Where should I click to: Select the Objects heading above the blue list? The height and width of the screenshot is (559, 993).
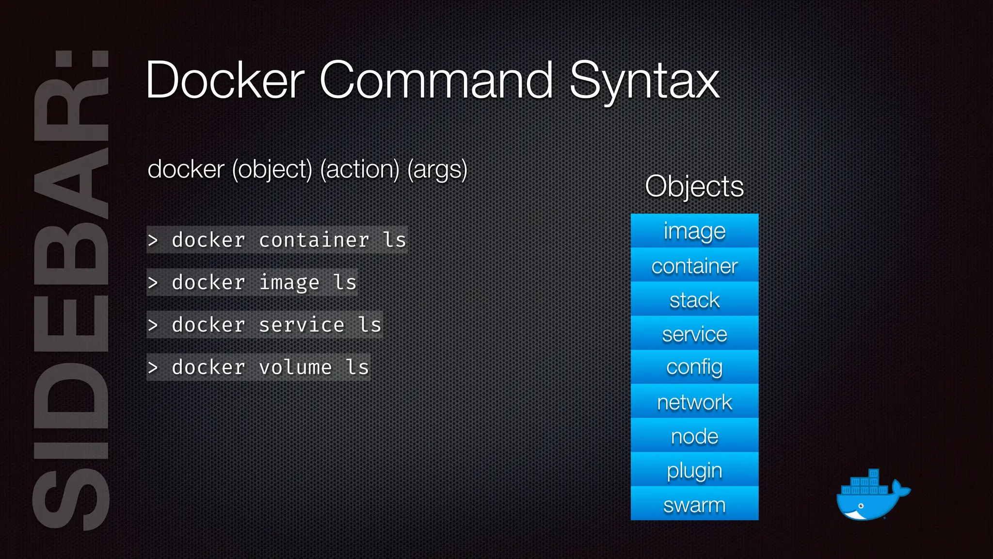click(x=694, y=186)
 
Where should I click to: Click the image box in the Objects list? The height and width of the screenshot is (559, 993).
click(x=694, y=231)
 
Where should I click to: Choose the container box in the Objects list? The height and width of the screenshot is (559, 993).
click(x=694, y=265)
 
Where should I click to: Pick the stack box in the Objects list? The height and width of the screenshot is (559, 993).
click(x=694, y=299)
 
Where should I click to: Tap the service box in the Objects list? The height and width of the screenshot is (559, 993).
click(x=694, y=333)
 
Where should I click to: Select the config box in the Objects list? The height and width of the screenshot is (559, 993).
click(x=694, y=367)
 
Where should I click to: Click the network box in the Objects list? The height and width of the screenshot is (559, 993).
click(x=694, y=402)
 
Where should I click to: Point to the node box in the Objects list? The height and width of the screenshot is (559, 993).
click(x=694, y=436)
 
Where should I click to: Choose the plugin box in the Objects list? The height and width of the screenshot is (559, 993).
click(x=694, y=470)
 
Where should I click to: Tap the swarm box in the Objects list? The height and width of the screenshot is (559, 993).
click(x=694, y=504)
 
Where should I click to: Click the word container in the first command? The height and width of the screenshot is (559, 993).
click(x=314, y=240)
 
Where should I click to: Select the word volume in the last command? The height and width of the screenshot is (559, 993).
click(x=295, y=367)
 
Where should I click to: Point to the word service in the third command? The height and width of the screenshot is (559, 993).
click(x=302, y=325)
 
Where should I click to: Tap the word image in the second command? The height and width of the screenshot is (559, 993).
click(x=289, y=282)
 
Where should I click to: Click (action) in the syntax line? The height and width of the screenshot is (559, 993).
click(x=359, y=169)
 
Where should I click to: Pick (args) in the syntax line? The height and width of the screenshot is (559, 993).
click(x=437, y=169)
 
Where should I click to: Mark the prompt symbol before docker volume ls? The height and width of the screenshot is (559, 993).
click(x=153, y=368)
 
